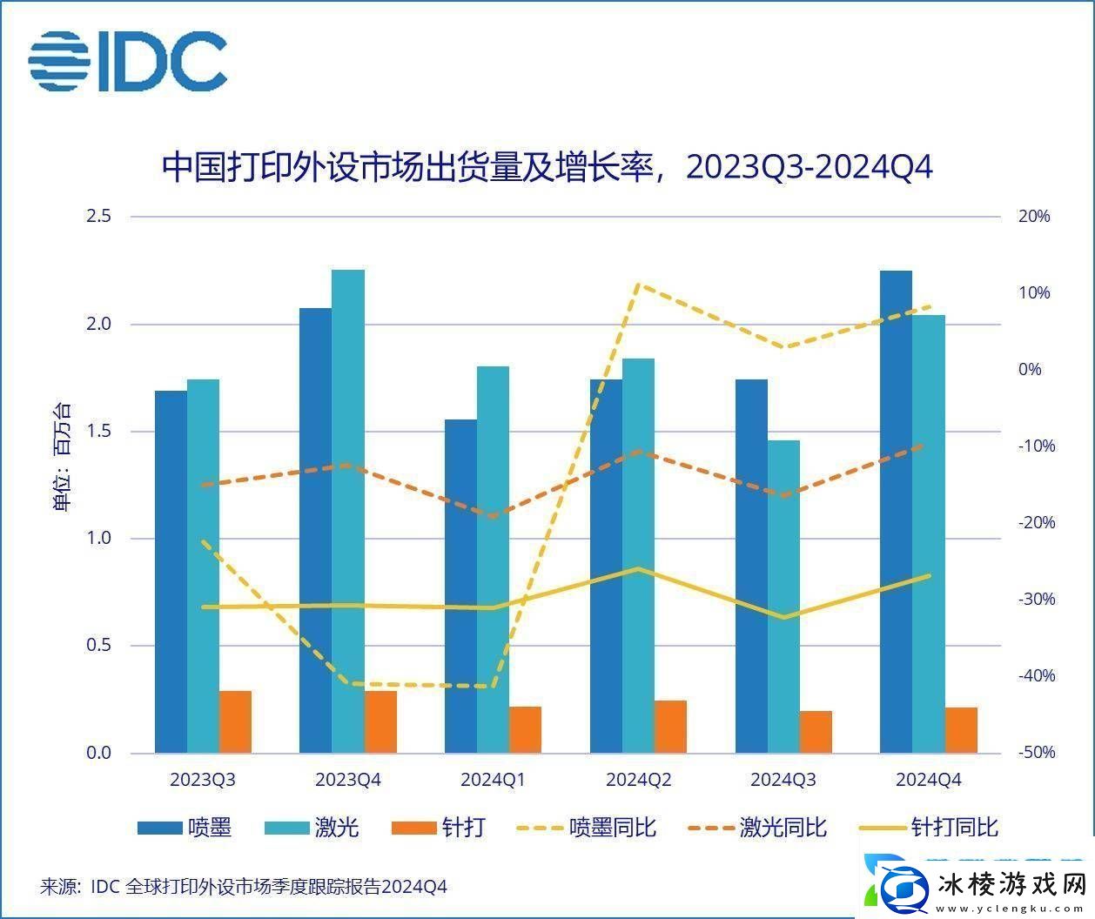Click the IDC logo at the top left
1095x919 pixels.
point(128,61)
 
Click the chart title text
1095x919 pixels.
point(547,167)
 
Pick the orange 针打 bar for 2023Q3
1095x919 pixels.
point(235,721)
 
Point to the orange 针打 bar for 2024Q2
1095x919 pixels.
point(670,726)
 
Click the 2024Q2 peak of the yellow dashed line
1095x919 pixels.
point(638,285)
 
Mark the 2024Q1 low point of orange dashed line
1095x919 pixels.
point(493,516)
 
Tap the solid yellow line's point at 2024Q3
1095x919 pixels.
point(783,617)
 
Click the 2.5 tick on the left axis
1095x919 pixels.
point(98,216)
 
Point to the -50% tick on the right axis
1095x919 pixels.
point(1036,753)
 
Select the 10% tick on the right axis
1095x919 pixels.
point(1034,293)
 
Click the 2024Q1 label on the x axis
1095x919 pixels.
point(493,780)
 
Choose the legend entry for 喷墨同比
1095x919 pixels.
point(588,827)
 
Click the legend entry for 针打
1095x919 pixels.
point(440,827)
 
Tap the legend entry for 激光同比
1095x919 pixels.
point(757,827)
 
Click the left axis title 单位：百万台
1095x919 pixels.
point(63,457)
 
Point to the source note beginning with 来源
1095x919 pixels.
point(244,887)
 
